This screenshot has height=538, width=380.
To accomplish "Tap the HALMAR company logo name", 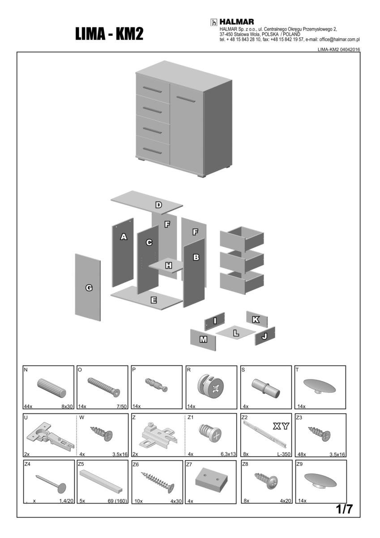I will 237,22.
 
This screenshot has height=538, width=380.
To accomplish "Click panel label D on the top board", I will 158,205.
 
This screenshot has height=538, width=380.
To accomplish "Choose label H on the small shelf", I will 168,265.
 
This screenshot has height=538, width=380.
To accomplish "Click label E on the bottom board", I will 154,300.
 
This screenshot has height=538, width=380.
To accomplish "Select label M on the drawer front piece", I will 203,339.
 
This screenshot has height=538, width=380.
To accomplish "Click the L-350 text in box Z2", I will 283,454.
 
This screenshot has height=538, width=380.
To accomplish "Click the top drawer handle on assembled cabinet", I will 153,91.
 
